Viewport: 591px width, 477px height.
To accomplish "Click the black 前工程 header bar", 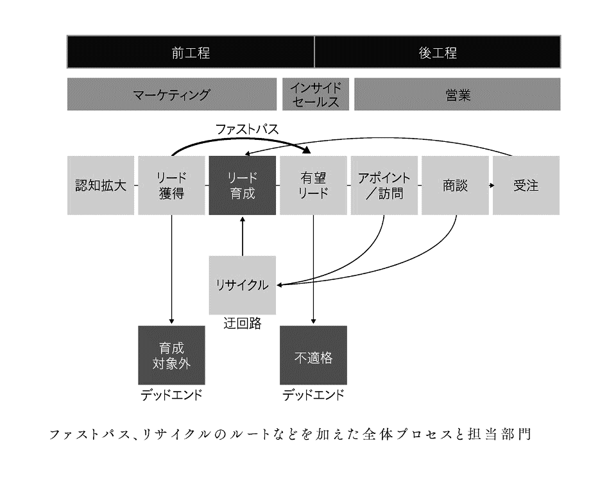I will (191, 53).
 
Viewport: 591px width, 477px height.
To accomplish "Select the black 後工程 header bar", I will (438, 53).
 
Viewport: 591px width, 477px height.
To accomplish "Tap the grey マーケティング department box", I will (171, 94).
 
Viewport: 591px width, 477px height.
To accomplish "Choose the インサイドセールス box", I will (315, 94).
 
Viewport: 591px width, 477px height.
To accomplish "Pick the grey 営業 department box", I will (457, 94).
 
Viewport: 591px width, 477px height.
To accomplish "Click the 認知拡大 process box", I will (101, 186).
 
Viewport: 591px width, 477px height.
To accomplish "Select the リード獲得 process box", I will (171, 186).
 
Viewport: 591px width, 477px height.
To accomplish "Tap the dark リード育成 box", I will (243, 186).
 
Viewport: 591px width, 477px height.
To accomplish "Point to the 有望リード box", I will (314, 186).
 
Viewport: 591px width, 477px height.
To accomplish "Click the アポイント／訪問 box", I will (384, 186).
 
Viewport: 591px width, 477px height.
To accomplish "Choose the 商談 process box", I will (455, 186).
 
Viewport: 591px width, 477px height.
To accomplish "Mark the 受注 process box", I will (526, 186).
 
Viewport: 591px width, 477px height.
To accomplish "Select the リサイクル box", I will (243, 285).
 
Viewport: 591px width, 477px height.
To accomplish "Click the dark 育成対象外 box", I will (171, 355).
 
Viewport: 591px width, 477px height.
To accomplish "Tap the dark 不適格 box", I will (314, 355).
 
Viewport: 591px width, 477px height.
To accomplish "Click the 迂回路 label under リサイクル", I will (242, 324).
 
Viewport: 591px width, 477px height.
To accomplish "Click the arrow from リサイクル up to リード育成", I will (243, 236).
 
